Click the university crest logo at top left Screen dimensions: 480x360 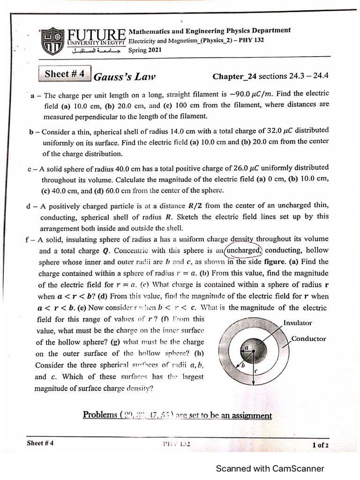click(x=52, y=41)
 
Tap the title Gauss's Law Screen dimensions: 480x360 click(x=125, y=77)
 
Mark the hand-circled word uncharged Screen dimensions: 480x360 click(x=242, y=250)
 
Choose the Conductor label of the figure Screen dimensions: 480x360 click(x=308, y=339)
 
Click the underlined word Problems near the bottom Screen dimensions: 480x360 click(x=100, y=415)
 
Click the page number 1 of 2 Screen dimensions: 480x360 click(x=320, y=445)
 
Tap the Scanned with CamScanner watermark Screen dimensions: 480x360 click(x=270, y=468)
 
